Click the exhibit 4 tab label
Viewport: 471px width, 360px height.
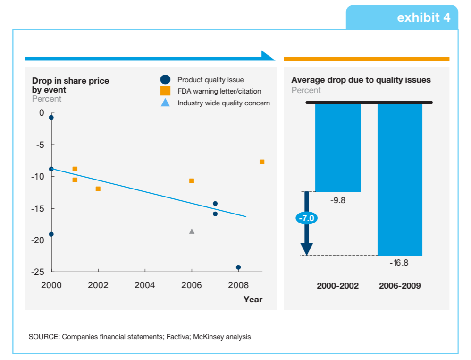click(x=423, y=17)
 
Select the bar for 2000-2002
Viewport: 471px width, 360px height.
click(x=337, y=147)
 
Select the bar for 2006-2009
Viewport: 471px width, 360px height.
click(x=400, y=180)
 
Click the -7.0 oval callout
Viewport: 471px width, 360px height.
click(x=307, y=218)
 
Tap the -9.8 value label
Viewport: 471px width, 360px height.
click(x=338, y=200)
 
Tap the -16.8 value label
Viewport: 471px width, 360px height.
click(x=399, y=263)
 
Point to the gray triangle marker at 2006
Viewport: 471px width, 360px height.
click(x=192, y=231)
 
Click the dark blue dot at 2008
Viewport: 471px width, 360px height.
click(x=238, y=267)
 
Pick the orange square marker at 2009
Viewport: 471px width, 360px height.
click(x=262, y=162)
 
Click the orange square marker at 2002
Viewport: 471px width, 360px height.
click(x=98, y=189)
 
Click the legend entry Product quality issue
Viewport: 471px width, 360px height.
click(x=210, y=80)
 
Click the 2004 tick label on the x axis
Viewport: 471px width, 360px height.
click(x=144, y=285)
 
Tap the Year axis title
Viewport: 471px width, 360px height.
click(x=253, y=300)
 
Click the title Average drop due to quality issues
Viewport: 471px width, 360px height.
click(x=361, y=80)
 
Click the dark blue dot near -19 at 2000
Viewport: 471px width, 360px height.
click(x=51, y=234)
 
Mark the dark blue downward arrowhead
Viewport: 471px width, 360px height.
click(x=307, y=249)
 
